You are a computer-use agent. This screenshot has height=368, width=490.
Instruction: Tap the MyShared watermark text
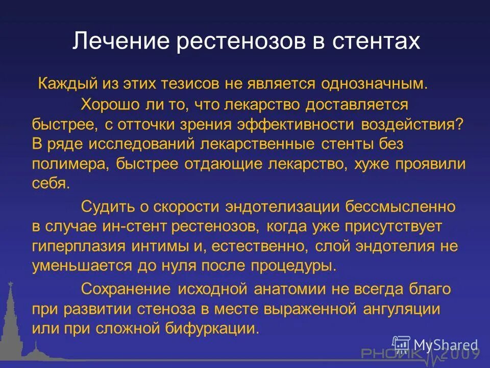click(446, 345)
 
